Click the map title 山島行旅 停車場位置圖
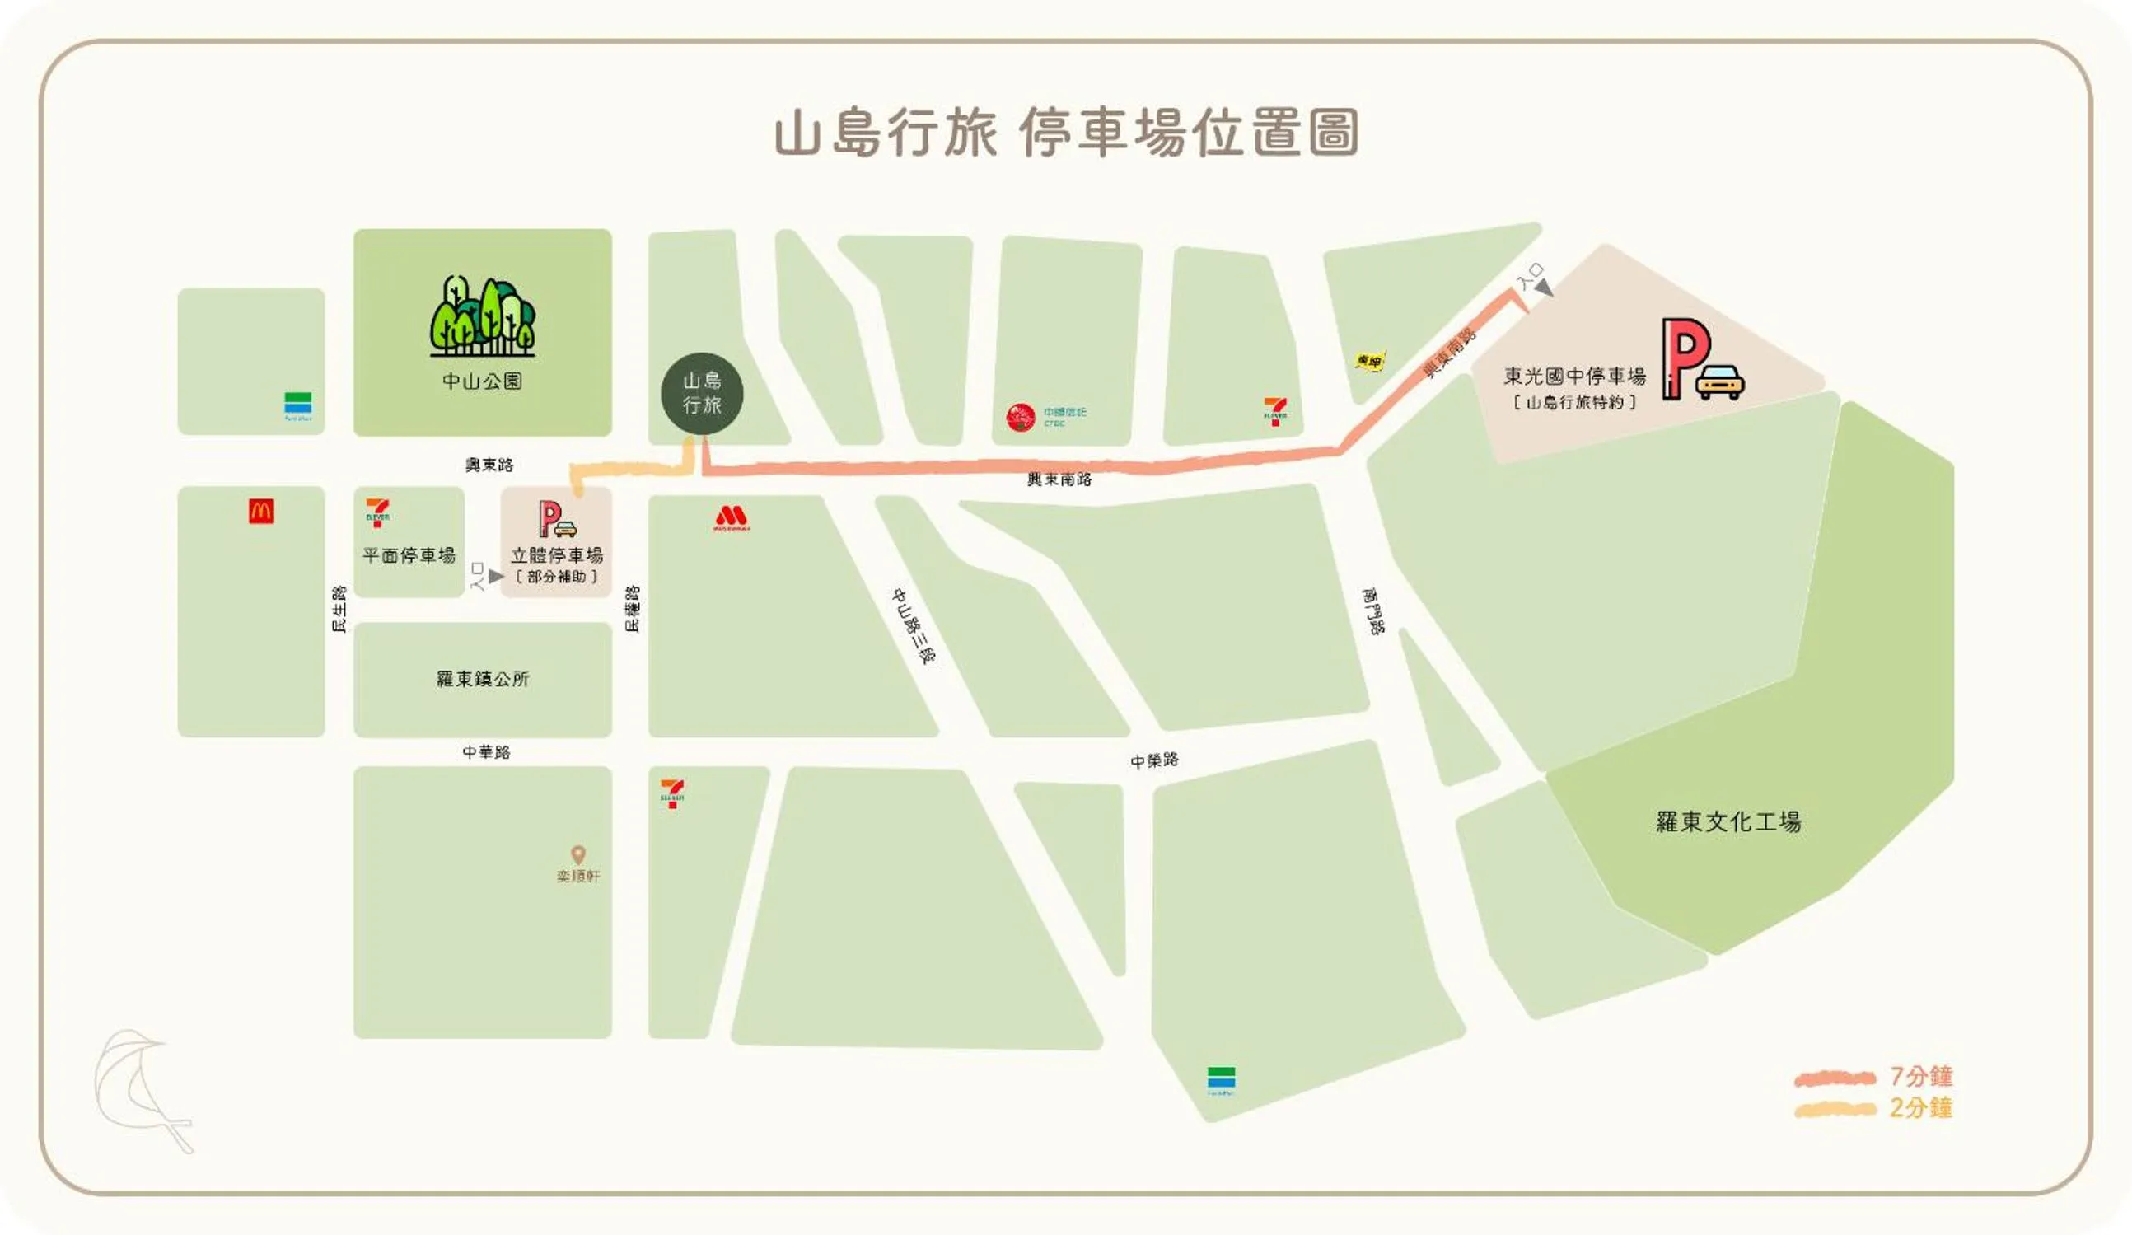click(1066, 133)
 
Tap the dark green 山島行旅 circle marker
click(702, 393)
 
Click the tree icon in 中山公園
click(482, 316)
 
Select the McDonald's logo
click(260, 511)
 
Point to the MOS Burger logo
click(731, 517)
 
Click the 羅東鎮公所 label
click(482, 679)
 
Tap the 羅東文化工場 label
click(1728, 821)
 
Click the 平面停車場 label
click(409, 556)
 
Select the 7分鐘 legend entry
click(1920, 1077)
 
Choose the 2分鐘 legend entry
click(1920, 1108)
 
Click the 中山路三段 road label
click(914, 626)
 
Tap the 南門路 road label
click(1373, 611)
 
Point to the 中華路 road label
click(487, 752)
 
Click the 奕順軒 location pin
click(577, 854)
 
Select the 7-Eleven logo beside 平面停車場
click(377, 512)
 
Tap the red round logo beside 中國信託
click(1021, 417)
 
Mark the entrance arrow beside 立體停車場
click(495, 576)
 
